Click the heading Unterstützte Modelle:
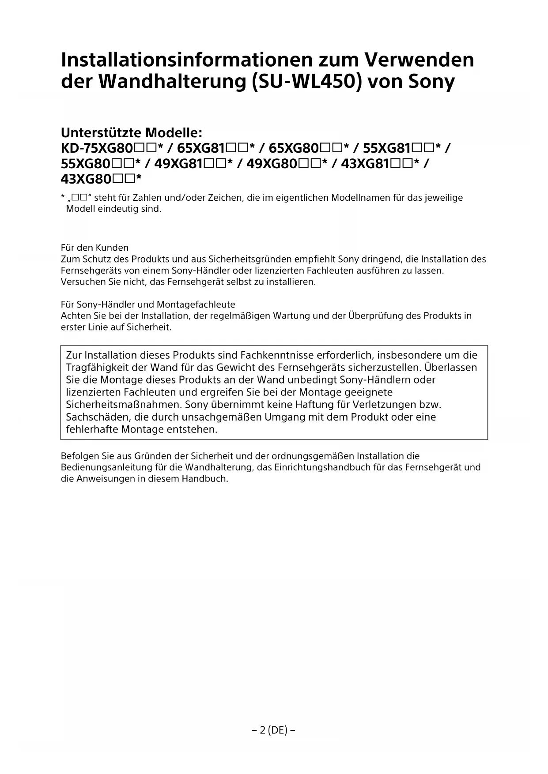[x=131, y=132]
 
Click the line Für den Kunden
[x=94, y=248]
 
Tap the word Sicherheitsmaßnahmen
[x=124, y=405]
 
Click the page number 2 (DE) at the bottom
[x=273, y=730]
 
